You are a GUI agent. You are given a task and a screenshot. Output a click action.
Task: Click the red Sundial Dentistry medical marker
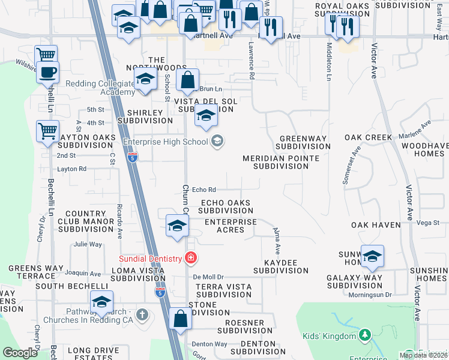tap(191, 258)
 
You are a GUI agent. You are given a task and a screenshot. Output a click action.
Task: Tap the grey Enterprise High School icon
tap(217, 142)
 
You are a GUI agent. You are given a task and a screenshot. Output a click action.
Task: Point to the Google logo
tap(20, 353)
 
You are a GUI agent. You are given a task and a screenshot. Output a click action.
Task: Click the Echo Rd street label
tap(203, 191)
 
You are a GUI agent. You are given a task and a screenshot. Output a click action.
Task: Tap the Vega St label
tap(428, 223)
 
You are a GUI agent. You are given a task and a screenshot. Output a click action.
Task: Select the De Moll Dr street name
tap(208, 277)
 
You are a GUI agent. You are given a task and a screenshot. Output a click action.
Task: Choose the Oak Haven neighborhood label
tap(376, 224)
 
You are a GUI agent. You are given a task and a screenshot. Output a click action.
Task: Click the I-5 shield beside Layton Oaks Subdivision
tap(133, 158)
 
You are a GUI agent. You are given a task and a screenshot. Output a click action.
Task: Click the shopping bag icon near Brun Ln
tap(188, 80)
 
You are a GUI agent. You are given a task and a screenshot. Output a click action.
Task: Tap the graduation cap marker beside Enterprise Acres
tap(177, 226)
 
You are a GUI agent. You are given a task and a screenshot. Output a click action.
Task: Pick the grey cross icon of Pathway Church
tap(142, 314)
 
